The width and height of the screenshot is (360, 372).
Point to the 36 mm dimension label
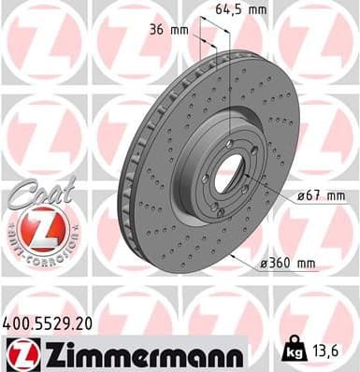169,30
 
